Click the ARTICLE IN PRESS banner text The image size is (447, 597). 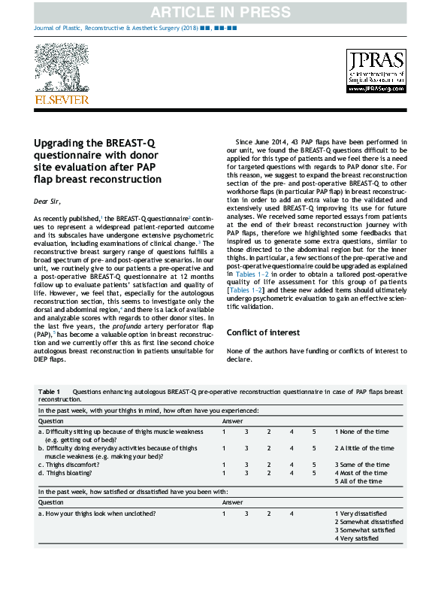(x=223, y=12)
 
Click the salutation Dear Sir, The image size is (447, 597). (x=48, y=202)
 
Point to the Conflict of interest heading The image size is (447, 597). (x=263, y=332)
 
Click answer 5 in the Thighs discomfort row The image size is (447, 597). (x=314, y=465)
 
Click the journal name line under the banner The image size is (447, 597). (x=136, y=27)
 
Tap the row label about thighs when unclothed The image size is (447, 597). (x=97, y=513)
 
